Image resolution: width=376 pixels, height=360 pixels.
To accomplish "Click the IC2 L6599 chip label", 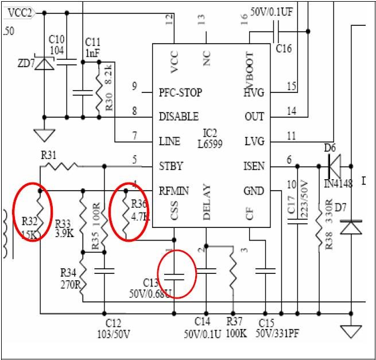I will tap(212, 138).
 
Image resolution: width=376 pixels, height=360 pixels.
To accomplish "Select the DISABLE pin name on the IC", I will tap(179, 117).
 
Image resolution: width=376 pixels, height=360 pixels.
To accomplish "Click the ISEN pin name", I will tap(254, 167).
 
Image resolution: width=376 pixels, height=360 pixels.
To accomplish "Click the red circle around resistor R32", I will tap(33, 212).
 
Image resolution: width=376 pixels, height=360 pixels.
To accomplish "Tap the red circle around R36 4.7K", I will tap(131, 211).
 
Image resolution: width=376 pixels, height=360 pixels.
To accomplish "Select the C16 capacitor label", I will tap(284, 48).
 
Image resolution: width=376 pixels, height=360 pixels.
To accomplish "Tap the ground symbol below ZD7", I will tap(41, 136).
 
